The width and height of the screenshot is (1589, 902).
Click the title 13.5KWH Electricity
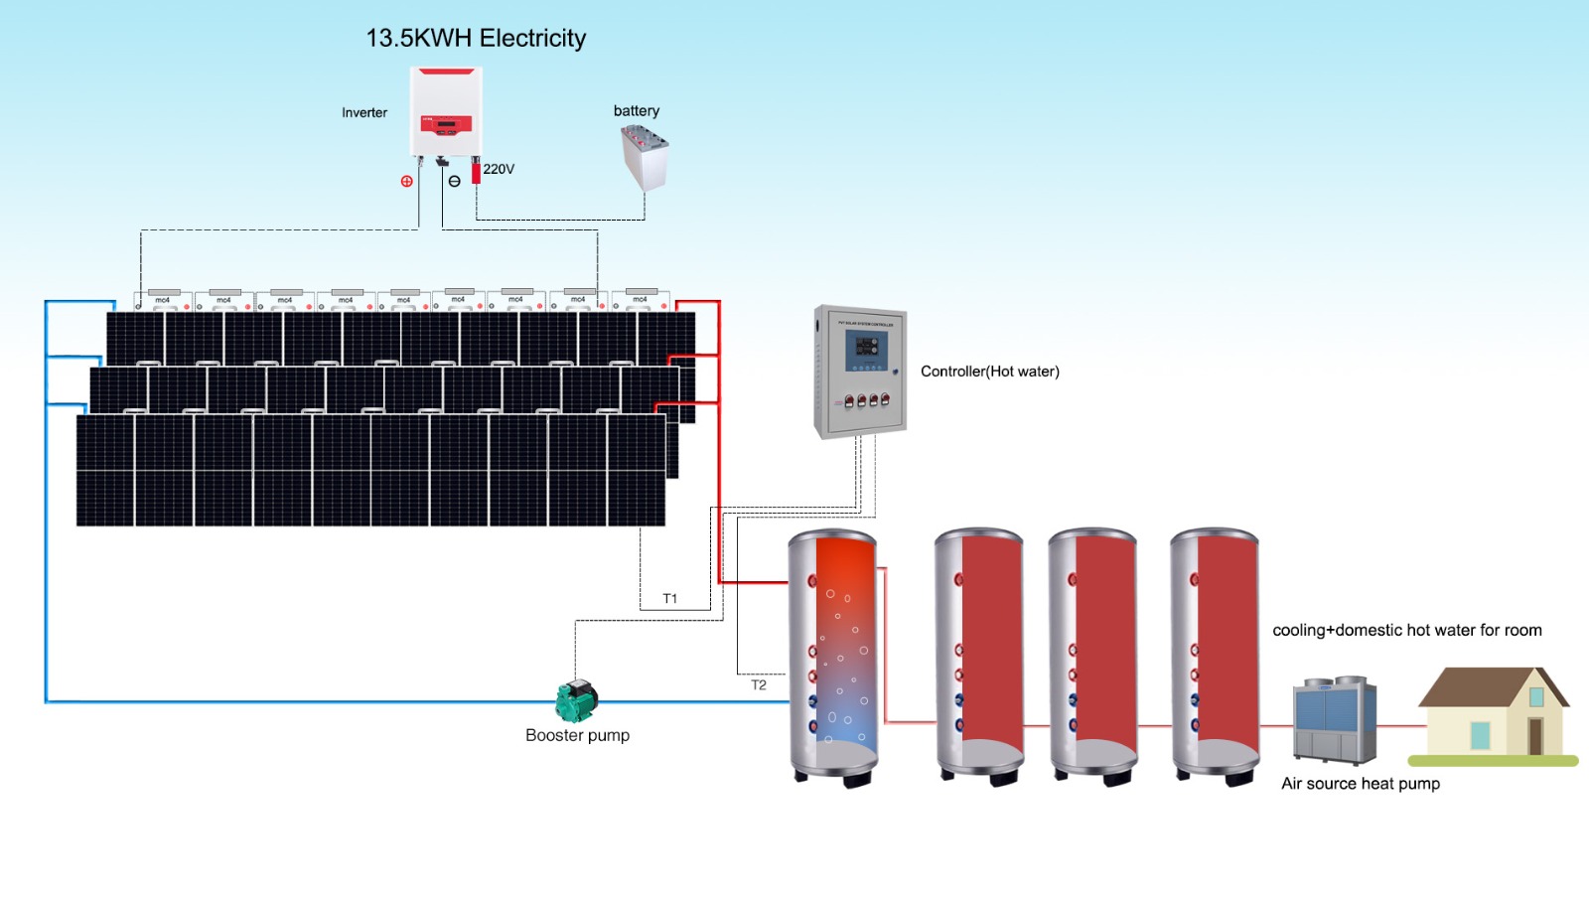476,38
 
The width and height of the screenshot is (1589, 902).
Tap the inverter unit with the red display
446,111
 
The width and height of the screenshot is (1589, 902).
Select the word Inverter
364,112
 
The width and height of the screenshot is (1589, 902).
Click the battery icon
644,157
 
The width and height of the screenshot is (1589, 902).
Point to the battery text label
636,110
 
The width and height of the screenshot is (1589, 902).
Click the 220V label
499,169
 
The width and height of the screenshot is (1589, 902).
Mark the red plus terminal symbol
406,181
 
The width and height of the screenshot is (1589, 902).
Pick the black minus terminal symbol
454,181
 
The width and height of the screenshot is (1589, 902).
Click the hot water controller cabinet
860,371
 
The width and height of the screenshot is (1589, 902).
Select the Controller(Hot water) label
989,372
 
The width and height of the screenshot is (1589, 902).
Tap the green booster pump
576,700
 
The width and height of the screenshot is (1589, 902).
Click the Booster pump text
577,735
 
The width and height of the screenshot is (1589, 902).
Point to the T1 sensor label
670,598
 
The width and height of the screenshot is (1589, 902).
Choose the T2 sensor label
759,684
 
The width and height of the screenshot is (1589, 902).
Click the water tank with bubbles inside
833,656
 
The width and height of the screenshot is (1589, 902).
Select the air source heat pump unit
1335,719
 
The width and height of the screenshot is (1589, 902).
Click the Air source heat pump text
1360,783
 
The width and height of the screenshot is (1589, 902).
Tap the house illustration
1493,713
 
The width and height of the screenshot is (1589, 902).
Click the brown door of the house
1535,736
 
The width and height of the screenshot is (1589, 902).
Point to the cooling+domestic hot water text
1406,630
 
